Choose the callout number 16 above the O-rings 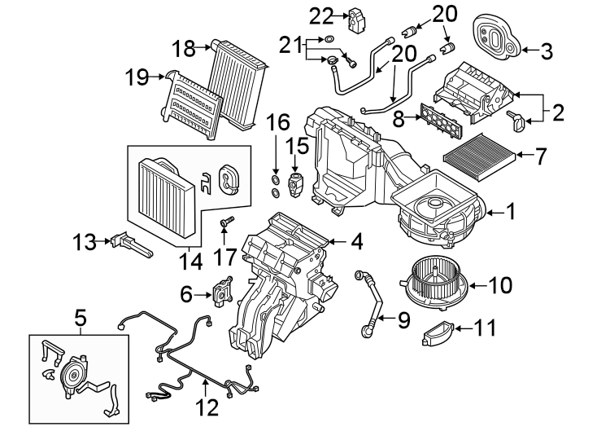tap(277, 125)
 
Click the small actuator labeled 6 tap(220, 291)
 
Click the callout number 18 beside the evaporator tap(184, 49)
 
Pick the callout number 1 tap(510, 213)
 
